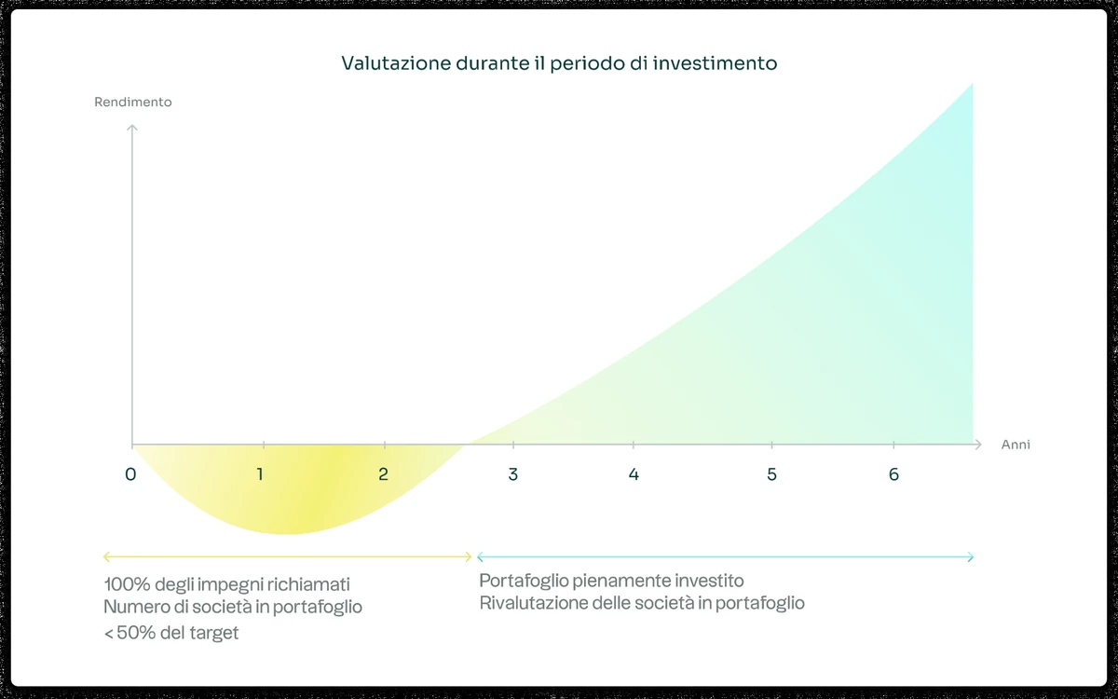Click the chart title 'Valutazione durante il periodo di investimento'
559,64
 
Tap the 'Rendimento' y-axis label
133,103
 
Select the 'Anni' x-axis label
1016,445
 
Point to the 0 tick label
130,474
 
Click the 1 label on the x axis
260,474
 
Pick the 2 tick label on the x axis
383,474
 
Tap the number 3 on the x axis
513,474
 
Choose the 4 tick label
634,474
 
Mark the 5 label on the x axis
771,474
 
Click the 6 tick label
893,474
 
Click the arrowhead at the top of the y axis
132,127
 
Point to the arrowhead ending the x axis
977,445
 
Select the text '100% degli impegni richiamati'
227,584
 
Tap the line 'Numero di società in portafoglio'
233,607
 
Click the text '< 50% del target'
171,634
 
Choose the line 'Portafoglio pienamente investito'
611,581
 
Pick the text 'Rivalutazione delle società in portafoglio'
642,603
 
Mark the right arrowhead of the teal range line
971,557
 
